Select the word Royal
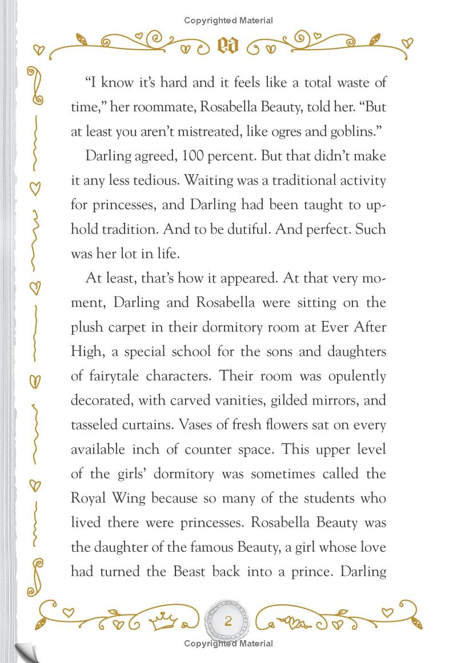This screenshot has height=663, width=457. click(x=90, y=498)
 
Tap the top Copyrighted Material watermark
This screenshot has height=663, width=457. click(x=228, y=21)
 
